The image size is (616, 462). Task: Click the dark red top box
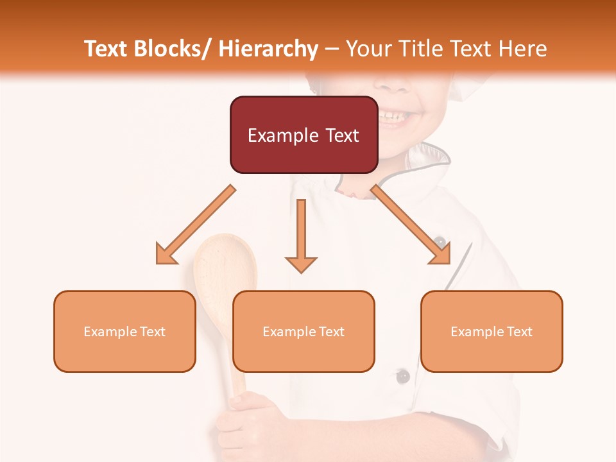click(x=303, y=135)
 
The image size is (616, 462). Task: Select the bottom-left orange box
click(x=124, y=331)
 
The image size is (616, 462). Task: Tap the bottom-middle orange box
click(x=303, y=331)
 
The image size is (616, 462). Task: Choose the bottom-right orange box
click(x=492, y=331)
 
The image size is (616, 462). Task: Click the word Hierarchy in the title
click(x=268, y=49)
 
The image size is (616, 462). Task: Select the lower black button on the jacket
click(x=402, y=376)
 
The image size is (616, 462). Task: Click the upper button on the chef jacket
click(x=440, y=242)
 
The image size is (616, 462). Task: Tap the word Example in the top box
click(x=278, y=135)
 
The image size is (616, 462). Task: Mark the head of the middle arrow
click(x=301, y=264)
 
